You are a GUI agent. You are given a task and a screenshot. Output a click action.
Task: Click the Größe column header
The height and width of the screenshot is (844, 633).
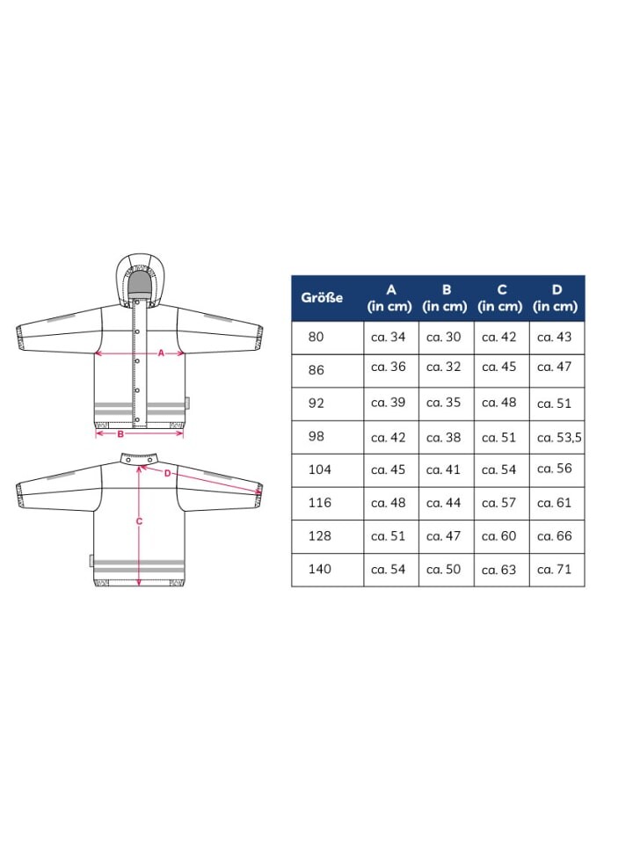(x=322, y=298)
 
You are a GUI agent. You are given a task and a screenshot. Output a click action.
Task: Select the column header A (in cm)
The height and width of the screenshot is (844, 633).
(x=389, y=298)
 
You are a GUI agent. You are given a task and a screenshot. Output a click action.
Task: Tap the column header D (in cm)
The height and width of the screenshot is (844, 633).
(x=556, y=298)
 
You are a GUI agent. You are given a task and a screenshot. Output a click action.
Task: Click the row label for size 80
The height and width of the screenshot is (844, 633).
(x=316, y=337)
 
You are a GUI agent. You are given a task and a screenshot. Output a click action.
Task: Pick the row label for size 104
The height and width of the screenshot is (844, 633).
(x=319, y=469)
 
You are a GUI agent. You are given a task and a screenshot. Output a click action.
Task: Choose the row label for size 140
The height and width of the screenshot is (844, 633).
(x=319, y=569)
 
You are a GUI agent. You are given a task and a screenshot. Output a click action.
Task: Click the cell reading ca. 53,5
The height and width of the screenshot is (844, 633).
(x=559, y=438)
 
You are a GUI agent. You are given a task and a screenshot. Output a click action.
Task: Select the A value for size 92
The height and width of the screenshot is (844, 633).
(x=388, y=403)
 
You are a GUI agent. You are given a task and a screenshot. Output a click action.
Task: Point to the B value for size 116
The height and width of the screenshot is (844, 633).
(x=443, y=503)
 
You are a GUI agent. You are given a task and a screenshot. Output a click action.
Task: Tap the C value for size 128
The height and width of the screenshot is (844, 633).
(x=499, y=536)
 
